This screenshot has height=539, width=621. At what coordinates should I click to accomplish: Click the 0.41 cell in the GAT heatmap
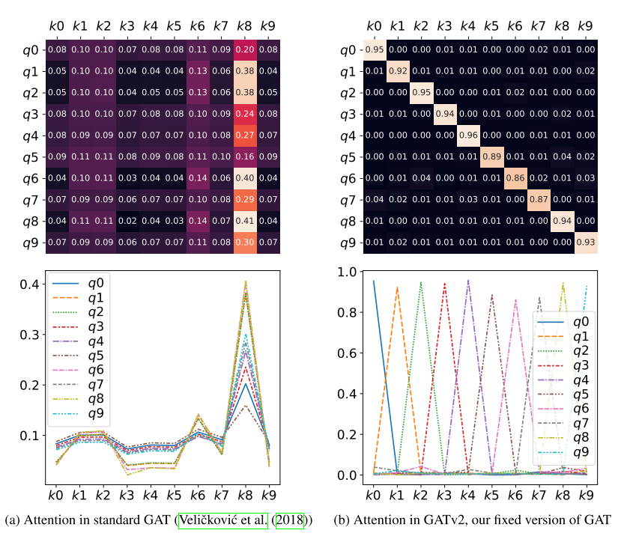244,222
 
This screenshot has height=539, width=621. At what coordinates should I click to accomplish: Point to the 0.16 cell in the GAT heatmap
244,157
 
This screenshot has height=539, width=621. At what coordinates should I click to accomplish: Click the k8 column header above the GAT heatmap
244,27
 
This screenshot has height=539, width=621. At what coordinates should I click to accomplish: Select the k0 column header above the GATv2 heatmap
373,27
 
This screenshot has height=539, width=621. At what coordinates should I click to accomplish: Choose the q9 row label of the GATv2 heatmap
346,243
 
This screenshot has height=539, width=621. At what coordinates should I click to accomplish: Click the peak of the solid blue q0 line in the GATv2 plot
373,281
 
